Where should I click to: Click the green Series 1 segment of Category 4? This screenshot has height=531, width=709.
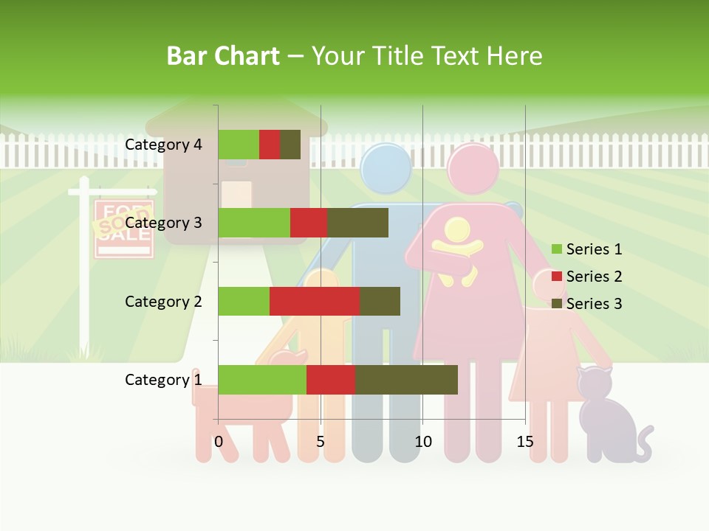point(239,145)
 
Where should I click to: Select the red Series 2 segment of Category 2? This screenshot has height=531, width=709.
point(315,302)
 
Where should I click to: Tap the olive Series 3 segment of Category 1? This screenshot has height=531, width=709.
point(406,380)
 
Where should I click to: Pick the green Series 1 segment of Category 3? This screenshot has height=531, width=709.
point(254,223)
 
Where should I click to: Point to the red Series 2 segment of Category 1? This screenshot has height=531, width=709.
point(331,380)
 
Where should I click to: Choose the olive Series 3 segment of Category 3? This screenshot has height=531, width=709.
point(357,223)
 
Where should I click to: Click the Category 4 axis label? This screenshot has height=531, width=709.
point(163,145)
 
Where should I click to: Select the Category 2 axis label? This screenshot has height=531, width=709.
point(163,302)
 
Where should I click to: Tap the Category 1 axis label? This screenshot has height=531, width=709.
point(163,380)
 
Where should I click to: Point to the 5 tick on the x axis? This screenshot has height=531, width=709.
point(321,442)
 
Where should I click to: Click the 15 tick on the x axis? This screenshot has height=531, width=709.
point(525,442)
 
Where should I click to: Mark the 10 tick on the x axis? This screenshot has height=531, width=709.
point(422,442)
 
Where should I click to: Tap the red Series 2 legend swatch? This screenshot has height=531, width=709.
point(557,277)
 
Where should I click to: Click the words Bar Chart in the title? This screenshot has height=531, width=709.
point(222,56)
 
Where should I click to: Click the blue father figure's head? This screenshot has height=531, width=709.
point(386,168)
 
